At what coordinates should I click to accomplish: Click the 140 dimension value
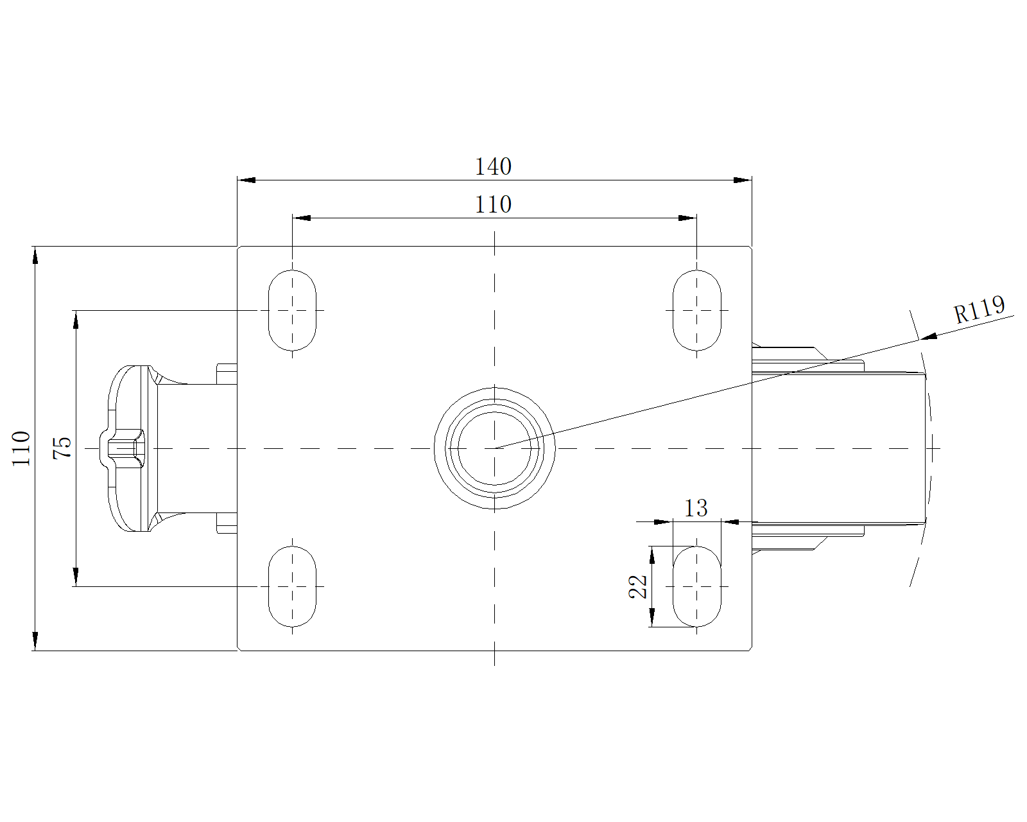click(493, 167)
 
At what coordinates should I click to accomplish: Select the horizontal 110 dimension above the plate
click(493, 205)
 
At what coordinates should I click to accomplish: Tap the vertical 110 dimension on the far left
click(22, 448)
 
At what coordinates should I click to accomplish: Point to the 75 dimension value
click(62, 448)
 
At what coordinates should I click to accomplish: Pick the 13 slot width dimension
click(696, 509)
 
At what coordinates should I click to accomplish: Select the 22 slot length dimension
click(639, 586)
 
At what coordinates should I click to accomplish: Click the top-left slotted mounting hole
click(292, 311)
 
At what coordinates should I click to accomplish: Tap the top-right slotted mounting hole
click(696, 311)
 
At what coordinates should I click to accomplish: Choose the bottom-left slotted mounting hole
click(292, 586)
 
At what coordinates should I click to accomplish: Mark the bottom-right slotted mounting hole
click(696, 586)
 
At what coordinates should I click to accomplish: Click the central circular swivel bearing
click(494, 448)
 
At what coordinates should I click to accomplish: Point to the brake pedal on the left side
click(132, 448)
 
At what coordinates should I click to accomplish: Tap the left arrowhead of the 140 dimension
click(246, 180)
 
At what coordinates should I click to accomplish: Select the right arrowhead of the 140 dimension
click(743, 180)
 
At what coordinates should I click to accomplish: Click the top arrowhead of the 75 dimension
click(76, 319)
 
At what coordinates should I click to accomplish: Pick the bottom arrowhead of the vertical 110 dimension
click(35, 642)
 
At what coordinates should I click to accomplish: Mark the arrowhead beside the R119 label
click(928, 336)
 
